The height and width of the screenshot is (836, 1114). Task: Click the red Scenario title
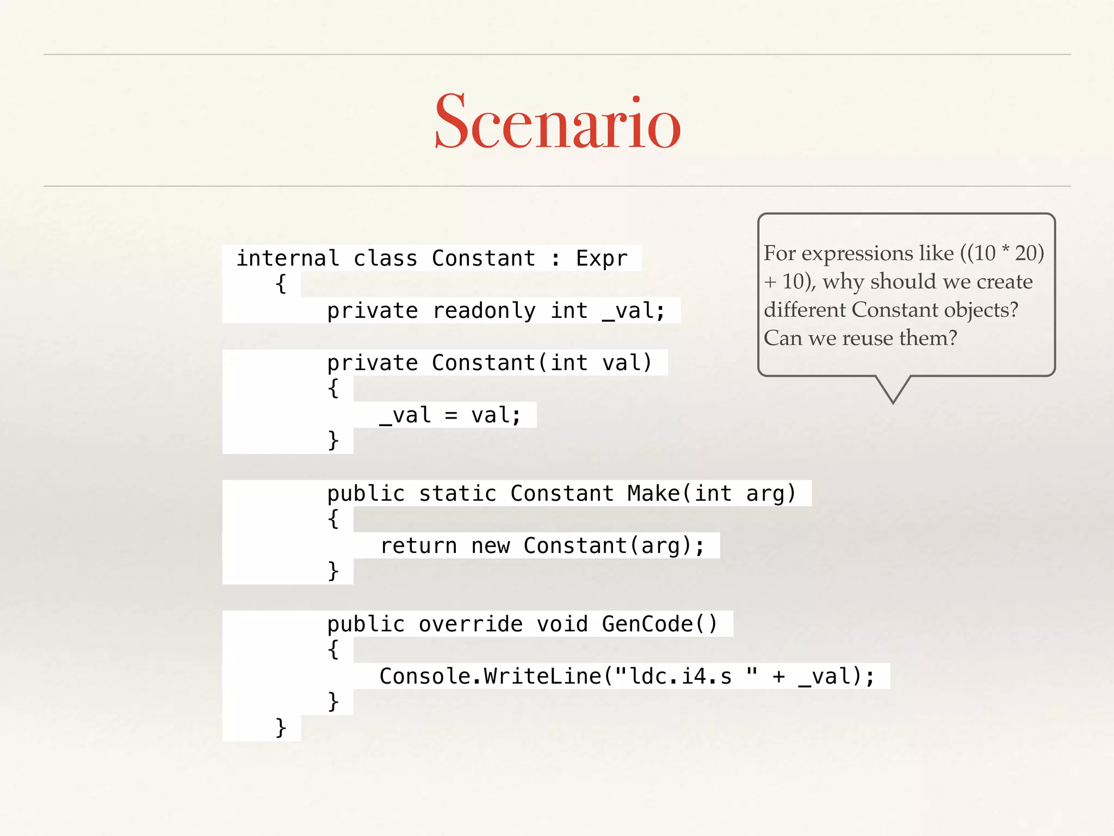tap(558, 122)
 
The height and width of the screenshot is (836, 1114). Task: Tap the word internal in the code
tap(288, 258)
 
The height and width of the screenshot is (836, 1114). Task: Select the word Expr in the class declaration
tap(602, 258)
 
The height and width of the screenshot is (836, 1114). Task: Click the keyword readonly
tap(484, 311)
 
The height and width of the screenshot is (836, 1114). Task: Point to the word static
tap(457, 494)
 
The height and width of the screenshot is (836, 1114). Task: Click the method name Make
tap(653, 494)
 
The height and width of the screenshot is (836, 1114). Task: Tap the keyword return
tap(418, 546)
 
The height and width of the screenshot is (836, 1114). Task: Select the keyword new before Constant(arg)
tap(491, 546)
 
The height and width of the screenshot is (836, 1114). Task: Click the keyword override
tap(471, 624)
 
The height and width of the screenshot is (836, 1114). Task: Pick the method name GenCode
tap(647, 624)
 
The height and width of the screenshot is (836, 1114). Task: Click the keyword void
tap(562, 624)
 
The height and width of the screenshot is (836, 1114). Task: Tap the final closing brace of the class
tap(281, 728)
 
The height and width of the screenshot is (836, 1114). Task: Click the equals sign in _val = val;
tap(451, 416)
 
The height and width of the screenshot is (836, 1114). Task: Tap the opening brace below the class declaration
tap(281, 284)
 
